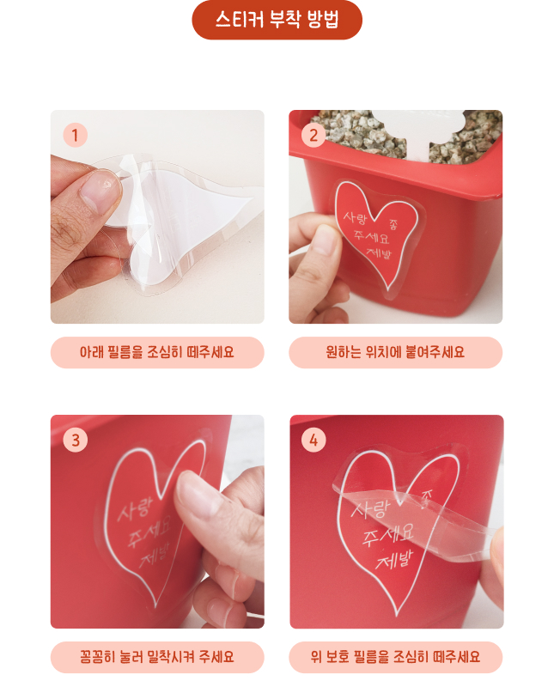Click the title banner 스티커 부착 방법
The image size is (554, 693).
[x=277, y=20]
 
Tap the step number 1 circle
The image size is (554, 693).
[x=75, y=135]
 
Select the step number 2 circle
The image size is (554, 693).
[x=314, y=135]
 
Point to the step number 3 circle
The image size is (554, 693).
[x=76, y=440]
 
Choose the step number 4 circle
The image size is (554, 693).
[x=314, y=440]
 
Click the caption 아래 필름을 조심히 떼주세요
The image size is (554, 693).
[x=157, y=352]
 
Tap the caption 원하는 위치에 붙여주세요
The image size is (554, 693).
[x=396, y=352]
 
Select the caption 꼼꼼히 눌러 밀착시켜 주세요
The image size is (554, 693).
[x=157, y=657]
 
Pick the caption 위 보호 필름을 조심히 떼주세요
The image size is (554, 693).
[x=396, y=657]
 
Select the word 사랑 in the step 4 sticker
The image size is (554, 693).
[x=370, y=508]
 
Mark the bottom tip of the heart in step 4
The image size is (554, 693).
[x=397, y=616]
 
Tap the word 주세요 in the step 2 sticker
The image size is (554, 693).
[x=371, y=237]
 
